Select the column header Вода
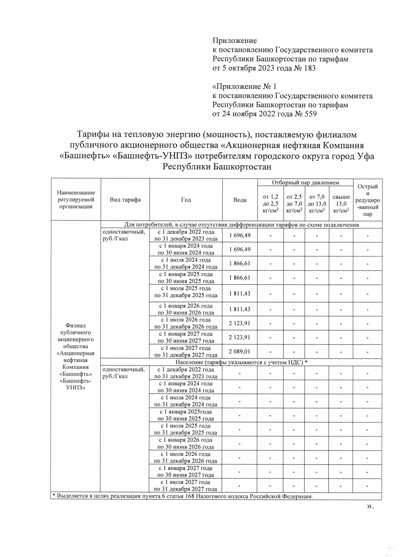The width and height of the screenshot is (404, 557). [240, 200]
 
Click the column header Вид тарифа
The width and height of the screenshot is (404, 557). [125, 200]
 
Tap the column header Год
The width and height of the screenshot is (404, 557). [186, 200]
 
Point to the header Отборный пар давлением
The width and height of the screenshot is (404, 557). [305, 182]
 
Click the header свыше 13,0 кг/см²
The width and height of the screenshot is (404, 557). [341, 203]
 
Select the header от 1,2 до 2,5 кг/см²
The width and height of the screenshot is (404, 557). [270, 203]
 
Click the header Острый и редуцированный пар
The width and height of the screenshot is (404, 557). [368, 200]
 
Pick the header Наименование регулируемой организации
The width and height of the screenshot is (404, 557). [76, 200]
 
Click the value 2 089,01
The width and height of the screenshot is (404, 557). [240, 352]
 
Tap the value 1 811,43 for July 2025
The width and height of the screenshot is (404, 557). [240, 293]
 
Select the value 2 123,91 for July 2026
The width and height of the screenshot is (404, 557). [240, 323]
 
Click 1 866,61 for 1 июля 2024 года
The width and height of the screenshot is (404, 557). [240, 263]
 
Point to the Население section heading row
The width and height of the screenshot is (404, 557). [241, 362]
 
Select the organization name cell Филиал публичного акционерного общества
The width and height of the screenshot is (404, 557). [76, 357]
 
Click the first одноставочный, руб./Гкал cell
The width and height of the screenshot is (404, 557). [124, 235]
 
